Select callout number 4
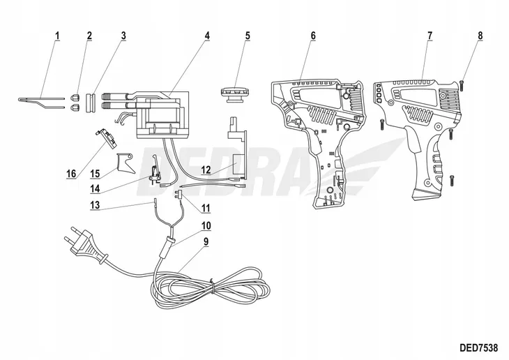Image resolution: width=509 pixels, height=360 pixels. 208,34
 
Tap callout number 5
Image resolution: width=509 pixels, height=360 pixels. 248,34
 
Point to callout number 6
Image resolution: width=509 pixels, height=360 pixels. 313,34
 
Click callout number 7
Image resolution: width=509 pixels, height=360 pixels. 430,34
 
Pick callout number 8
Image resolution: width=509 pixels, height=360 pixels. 480,34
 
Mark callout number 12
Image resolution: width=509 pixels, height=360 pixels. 206,170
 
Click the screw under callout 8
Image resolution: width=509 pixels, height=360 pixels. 463,84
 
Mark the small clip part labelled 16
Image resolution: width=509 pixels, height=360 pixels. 107,136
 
